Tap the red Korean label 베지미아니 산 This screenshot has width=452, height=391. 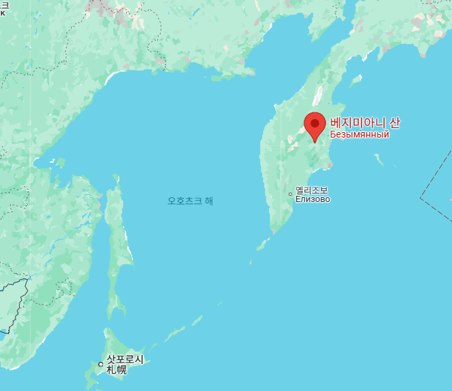pyautogui.click(x=365, y=123)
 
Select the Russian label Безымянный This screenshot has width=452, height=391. pyautogui.click(x=359, y=135)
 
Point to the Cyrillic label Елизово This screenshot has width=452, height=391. pyautogui.click(x=312, y=199)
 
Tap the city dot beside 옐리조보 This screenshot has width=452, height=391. pyautogui.click(x=290, y=194)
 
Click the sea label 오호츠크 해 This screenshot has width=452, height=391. pyautogui.click(x=190, y=201)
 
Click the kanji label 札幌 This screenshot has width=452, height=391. pyautogui.click(x=116, y=370)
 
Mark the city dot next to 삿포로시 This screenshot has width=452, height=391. pyautogui.click(x=101, y=365)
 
